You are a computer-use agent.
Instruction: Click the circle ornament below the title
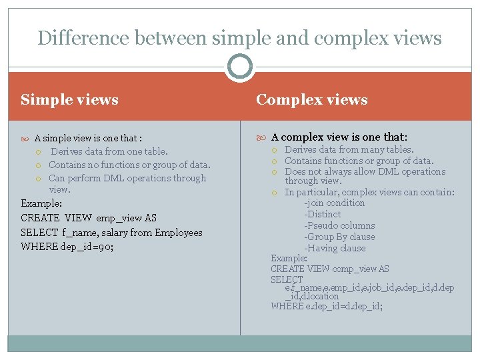(239, 67)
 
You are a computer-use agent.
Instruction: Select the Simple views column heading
(69, 100)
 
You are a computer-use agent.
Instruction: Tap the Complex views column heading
(311, 100)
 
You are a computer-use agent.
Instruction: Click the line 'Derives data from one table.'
(109, 152)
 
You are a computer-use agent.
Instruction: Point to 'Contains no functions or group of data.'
(129, 165)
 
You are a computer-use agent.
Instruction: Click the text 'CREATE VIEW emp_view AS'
(89, 218)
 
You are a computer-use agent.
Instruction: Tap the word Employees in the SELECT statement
(178, 233)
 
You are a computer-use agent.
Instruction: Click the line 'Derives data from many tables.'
(349, 150)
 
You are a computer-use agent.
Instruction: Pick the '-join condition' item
(335, 203)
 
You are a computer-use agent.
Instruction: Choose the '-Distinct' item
(323, 215)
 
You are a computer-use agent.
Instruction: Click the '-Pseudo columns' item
(339, 226)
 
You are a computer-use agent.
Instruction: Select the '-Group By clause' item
(339, 237)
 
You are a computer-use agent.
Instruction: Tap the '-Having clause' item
(335, 249)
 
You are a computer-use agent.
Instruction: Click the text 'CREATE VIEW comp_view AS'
(329, 269)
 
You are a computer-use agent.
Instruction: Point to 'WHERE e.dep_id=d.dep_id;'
(326, 306)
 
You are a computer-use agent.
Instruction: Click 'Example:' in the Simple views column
(42, 203)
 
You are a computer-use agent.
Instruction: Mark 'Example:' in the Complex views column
(289, 258)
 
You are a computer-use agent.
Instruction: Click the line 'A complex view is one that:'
(339, 138)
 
